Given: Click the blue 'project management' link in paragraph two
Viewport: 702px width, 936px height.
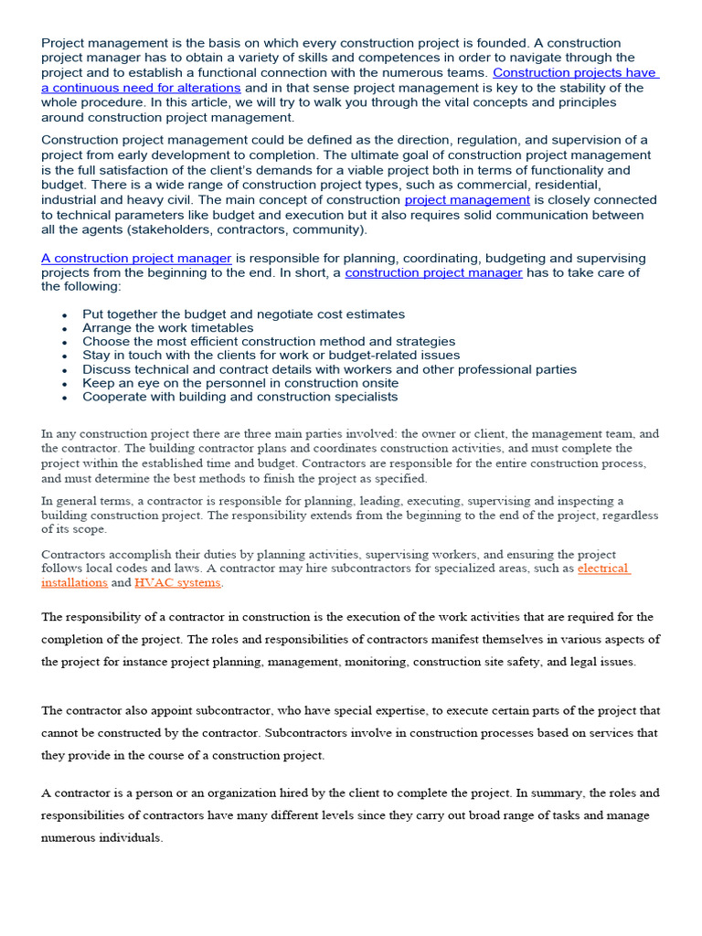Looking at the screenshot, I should coord(467,199).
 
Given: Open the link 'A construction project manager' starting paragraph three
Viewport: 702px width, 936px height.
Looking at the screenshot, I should coord(136,258).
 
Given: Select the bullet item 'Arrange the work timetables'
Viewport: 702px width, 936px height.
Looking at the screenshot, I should coord(168,327).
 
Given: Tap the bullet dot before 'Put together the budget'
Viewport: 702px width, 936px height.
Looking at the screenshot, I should coord(64,315).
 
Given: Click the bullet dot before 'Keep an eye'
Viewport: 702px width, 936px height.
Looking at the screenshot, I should coord(64,385).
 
